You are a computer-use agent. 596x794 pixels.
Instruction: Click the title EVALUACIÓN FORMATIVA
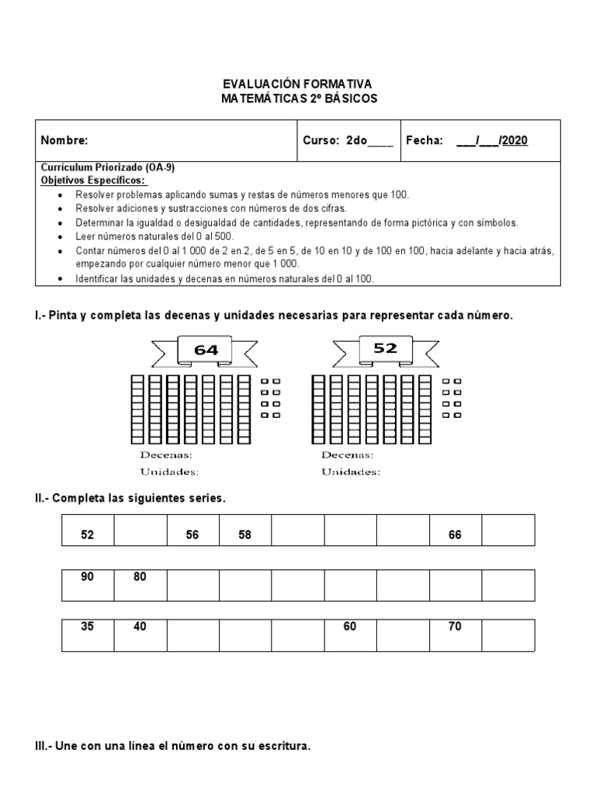[x=298, y=84]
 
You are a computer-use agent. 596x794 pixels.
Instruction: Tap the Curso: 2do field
[x=348, y=140]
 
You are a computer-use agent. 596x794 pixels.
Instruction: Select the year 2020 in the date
[x=515, y=140]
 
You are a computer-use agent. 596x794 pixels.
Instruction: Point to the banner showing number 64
[x=206, y=350]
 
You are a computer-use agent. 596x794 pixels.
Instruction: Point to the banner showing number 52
[x=385, y=349]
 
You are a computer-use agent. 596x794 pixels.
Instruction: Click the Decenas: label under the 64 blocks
[x=166, y=455]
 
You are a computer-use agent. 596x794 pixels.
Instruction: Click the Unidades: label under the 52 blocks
[x=351, y=471]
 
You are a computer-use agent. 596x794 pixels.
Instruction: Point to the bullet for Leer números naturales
[x=61, y=236]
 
